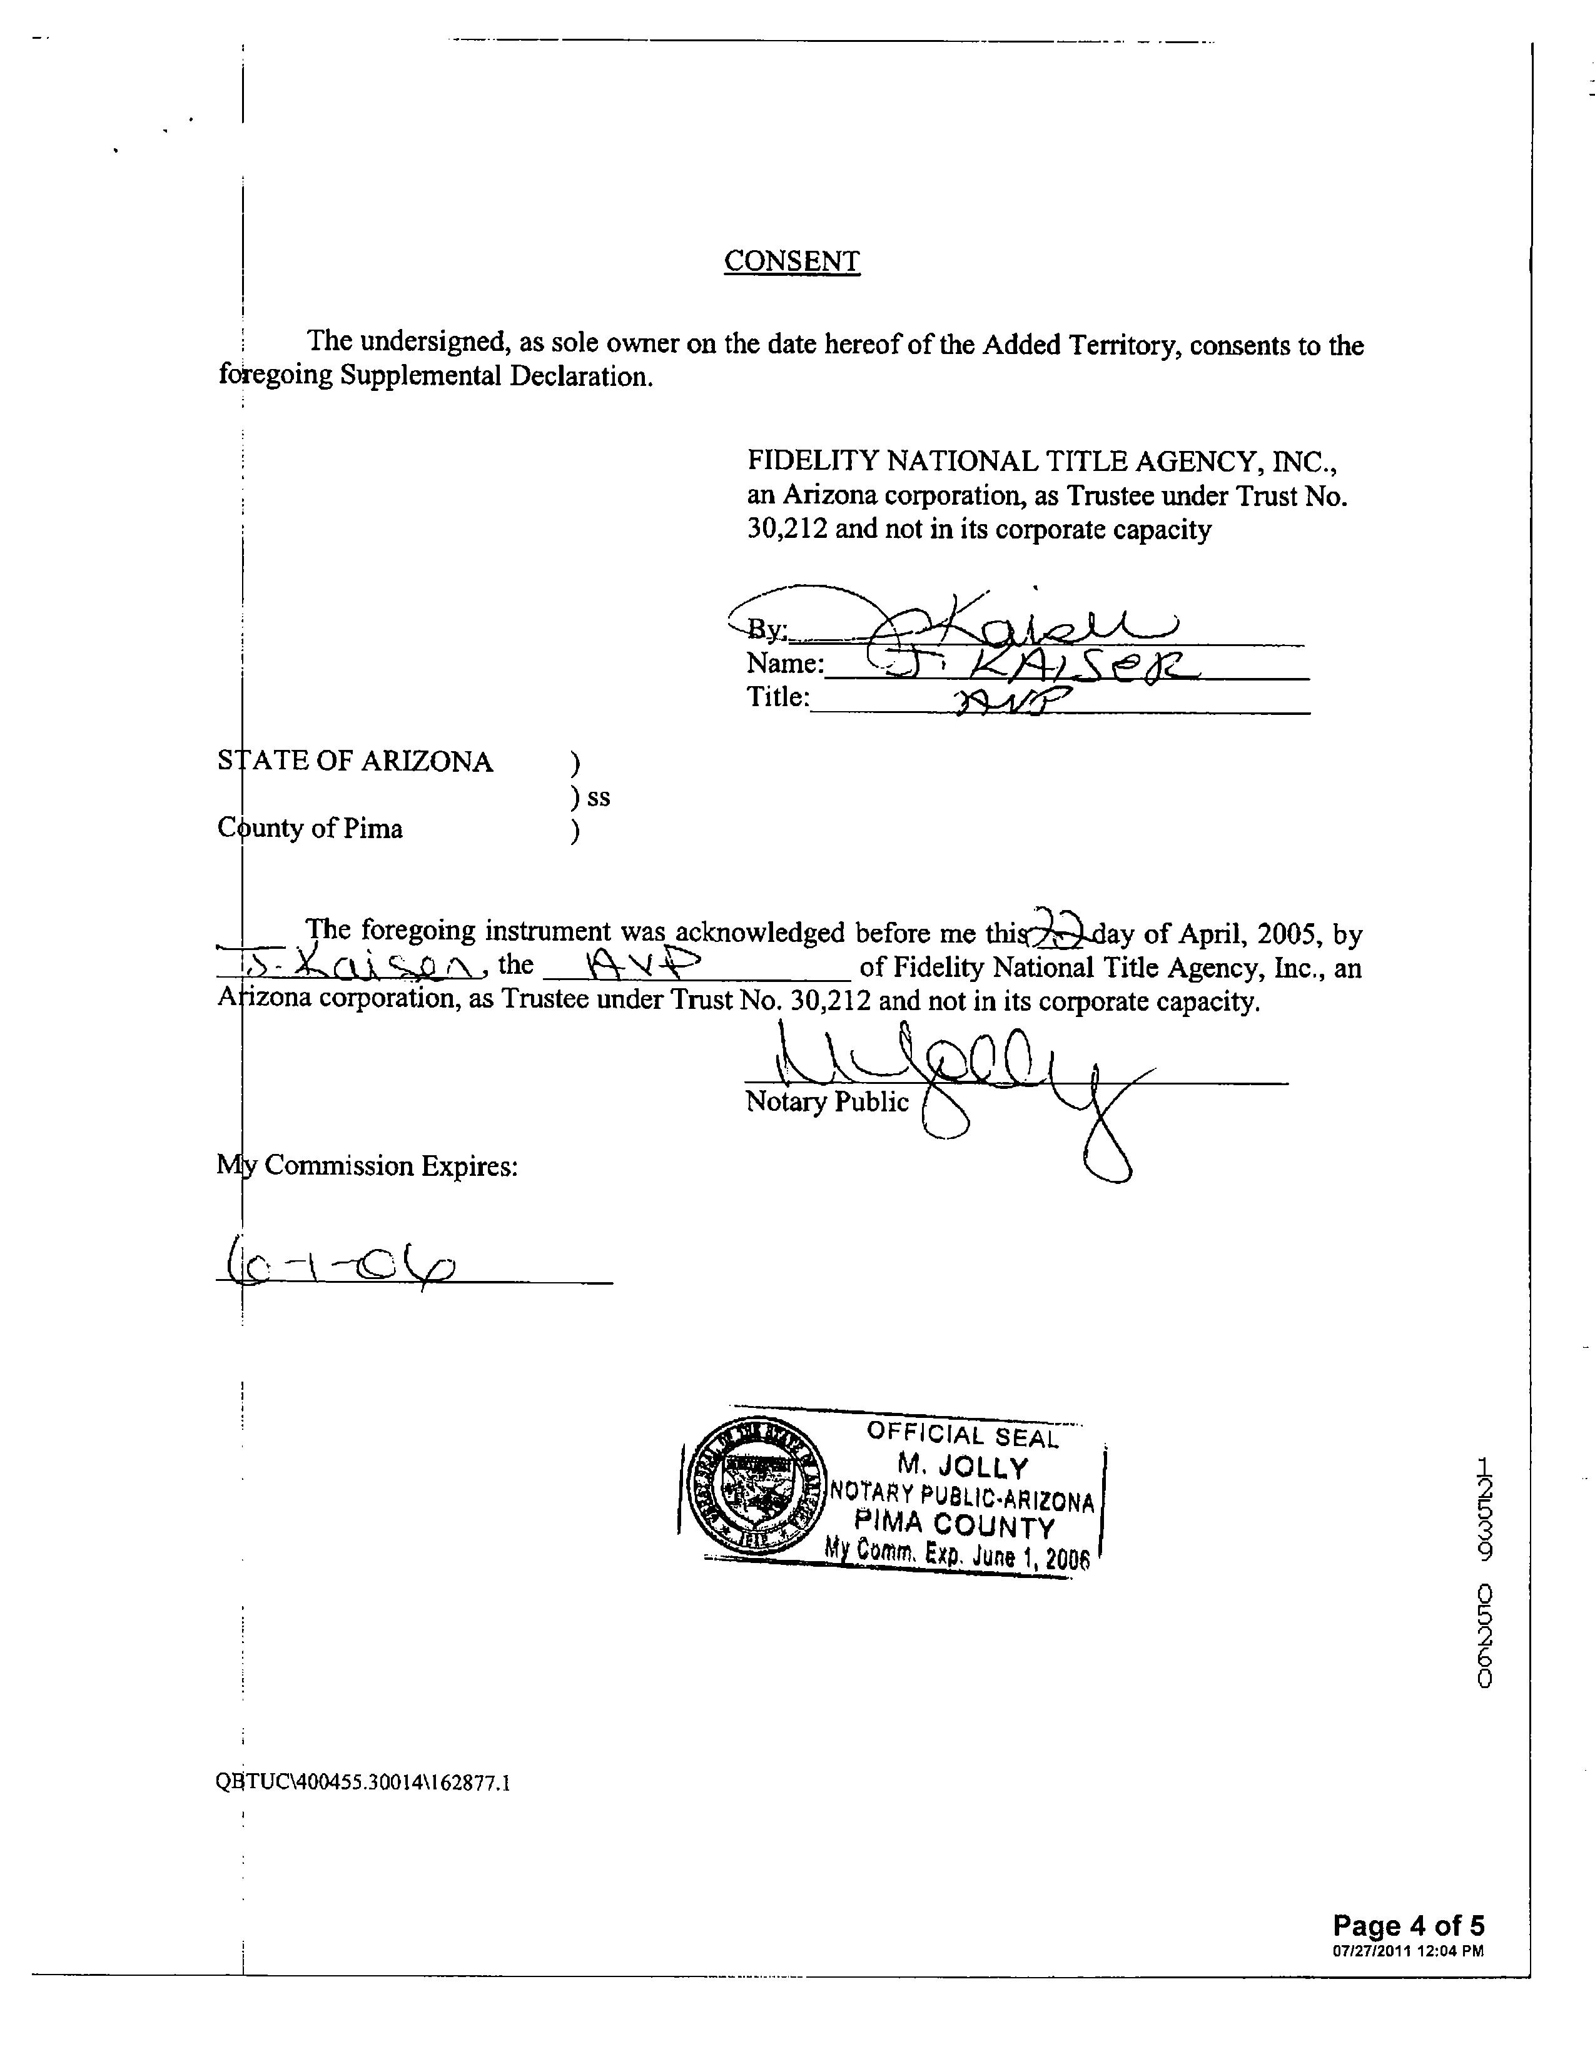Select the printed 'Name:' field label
(784, 662)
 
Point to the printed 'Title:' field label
(777, 697)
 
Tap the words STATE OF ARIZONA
(355, 762)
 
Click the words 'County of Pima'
(310, 829)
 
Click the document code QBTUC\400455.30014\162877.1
(364, 1783)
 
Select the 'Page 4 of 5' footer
(1408, 1925)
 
